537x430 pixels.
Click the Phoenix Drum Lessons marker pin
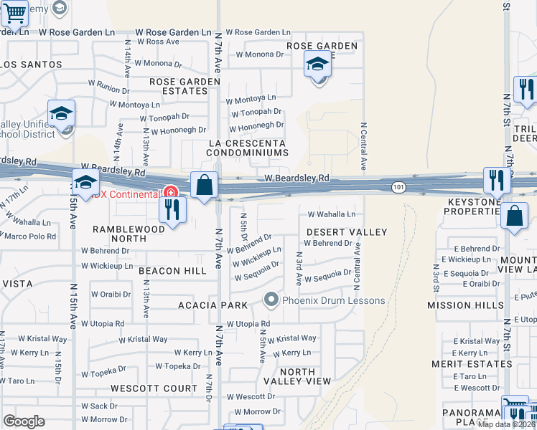coord(271,300)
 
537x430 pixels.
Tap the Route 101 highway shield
coord(398,187)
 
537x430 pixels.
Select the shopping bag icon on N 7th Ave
coord(204,186)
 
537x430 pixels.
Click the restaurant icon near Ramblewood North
coord(172,209)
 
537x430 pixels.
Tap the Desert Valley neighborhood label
coord(347,232)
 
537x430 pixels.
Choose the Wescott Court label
coord(154,388)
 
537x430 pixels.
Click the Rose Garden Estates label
coord(185,86)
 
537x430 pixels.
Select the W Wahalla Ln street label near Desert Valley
coord(331,214)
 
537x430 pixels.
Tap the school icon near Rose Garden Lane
coord(317,65)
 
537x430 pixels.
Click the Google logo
coord(24,421)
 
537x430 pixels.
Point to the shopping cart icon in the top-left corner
coord(14,12)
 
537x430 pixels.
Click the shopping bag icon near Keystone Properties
coord(515,217)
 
